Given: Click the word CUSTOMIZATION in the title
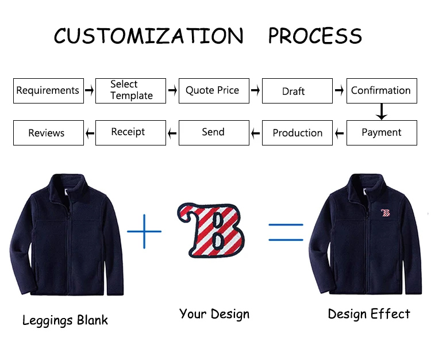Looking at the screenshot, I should [x=148, y=36].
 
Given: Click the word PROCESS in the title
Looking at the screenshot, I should [x=315, y=36].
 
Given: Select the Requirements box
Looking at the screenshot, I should [x=48, y=91].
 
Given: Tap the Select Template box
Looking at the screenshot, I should [x=131, y=91].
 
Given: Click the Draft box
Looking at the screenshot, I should [x=297, y=91].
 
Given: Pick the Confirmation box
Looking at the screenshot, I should [x=381, y=91].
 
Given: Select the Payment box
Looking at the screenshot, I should [x=381, y=133].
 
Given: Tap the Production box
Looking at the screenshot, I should [x=297, y=133].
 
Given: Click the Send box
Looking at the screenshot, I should [x=214, y=133].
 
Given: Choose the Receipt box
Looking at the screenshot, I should [x=130, y=133].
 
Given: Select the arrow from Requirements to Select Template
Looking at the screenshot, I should [x=90, y=90].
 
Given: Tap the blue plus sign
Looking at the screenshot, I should [x=144, y=231].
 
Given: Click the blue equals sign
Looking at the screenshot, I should [x=286, y=232].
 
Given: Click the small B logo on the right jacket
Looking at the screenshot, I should [x=385, y=213].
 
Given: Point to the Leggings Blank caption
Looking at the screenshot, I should [x=65, y=320].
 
